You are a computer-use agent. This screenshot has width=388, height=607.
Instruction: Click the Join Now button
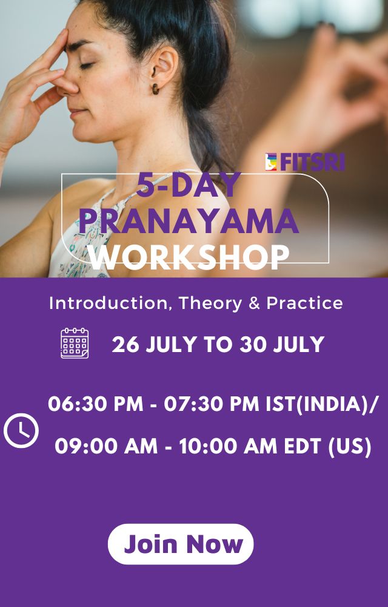(181, 544)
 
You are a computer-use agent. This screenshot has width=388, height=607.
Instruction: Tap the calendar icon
(75, 344)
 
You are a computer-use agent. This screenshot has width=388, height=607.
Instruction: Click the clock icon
(21, 430)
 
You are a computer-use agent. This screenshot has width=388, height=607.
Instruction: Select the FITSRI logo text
(312, 162)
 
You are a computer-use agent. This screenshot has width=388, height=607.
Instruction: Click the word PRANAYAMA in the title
(189, 221)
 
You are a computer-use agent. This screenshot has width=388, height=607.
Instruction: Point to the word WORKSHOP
(189, 257)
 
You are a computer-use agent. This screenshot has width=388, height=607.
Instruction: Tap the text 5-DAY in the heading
(189, 186)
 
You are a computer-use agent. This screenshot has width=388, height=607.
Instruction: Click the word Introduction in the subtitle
(110, 303)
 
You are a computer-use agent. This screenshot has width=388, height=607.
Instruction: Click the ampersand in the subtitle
(254, 303)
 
